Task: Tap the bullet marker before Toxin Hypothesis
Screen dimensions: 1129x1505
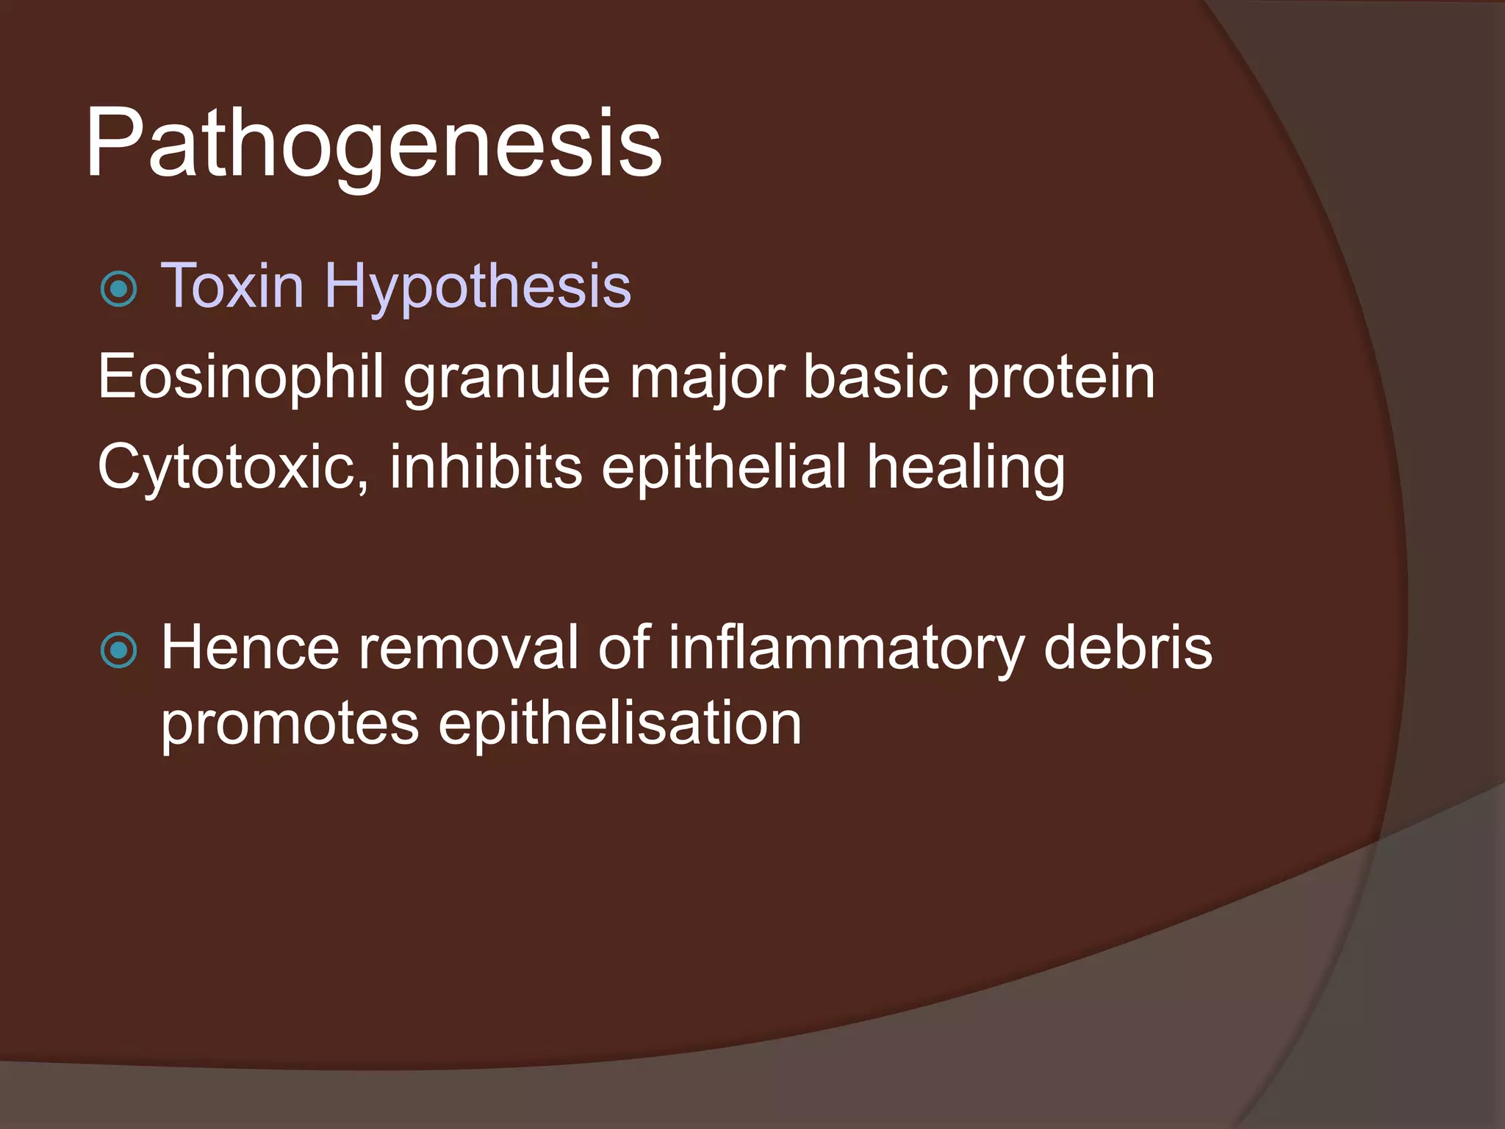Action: [x=118, y=289]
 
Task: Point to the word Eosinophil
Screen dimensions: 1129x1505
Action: [x=241, y=377]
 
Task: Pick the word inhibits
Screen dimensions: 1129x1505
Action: [x=486, y=467]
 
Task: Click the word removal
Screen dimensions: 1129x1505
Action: [x=468, y=648]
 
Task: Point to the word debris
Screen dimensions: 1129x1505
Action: [x=1127, y=648]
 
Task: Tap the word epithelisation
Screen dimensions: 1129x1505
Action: [x=619, y=725]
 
